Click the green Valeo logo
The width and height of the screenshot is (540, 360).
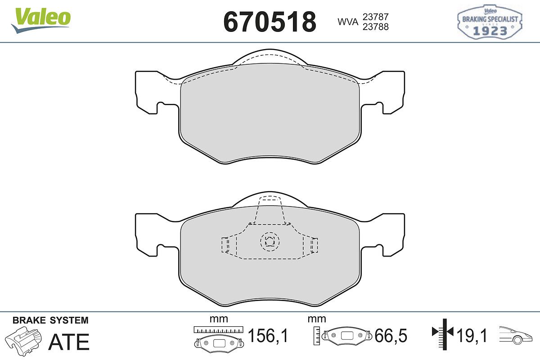[41, 20]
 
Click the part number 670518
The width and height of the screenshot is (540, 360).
[270, 22]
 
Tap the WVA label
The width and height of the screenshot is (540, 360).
[348, 22]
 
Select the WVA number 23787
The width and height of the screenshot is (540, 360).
[376, 17]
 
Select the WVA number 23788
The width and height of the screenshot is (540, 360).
[376, 27]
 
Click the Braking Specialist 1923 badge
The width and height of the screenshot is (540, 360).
[490, 22]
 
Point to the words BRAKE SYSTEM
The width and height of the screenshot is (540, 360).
[50, 320]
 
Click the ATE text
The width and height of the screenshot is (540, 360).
[69, 342]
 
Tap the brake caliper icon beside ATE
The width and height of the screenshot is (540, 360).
[23, 341]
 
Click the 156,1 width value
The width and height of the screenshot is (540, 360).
[268, 335]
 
